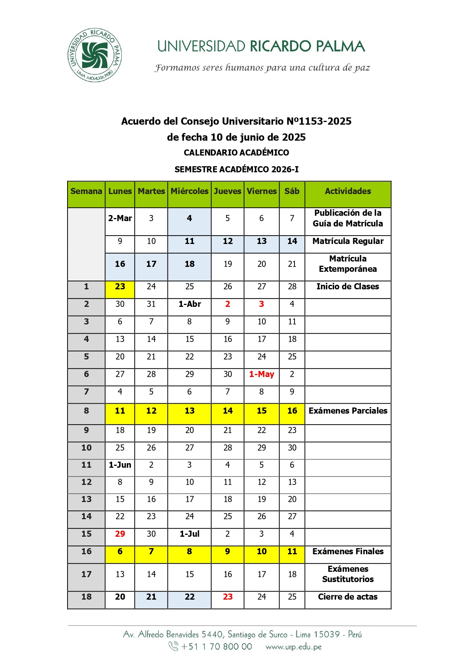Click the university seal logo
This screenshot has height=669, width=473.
coord(95,55)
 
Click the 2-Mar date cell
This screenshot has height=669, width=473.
coord(120,218)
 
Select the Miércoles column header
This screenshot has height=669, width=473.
coord(189,191)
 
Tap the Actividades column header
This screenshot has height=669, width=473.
coord(348,191)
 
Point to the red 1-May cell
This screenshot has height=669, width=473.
coord(261,374)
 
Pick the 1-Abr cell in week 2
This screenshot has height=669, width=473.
coord(190,304)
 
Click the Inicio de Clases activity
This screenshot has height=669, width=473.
coord(348,287)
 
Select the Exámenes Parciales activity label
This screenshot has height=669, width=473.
coord(348,411)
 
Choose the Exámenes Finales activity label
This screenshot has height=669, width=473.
coord(348,552)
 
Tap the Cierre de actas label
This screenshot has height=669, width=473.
coord(348,597)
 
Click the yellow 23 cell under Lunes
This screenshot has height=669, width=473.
coord(120,287)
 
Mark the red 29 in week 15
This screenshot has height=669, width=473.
coord(120,534)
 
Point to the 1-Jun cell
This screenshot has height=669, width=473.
coord(120,465)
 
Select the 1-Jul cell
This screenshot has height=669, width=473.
coord(190,534)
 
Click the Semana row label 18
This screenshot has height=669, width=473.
coord(87,597)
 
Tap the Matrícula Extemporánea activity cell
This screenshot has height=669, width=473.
coord(348,264)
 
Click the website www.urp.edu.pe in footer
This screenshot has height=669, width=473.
coord(293,647)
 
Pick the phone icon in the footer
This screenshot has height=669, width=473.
coord(174,646)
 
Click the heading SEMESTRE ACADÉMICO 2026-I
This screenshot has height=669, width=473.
coord(236,170)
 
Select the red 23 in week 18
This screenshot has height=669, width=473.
coord(228,597)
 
